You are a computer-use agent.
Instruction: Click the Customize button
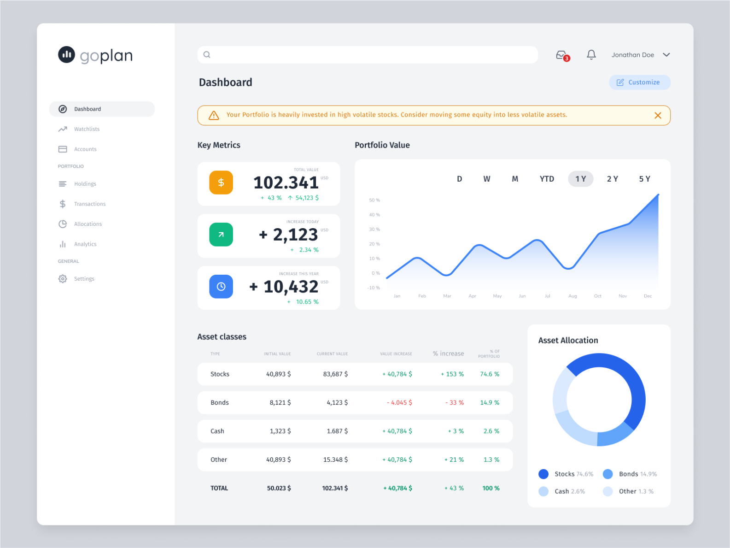click(639, 82)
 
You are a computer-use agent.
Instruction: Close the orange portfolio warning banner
click(658, 116)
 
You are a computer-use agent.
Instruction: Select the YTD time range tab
click(547, 179)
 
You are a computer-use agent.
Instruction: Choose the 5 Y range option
click(644, 179)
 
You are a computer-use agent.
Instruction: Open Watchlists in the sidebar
click(87, 129)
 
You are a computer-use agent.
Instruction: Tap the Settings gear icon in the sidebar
click(63, 279)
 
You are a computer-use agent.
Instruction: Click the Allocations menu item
click(88, 224)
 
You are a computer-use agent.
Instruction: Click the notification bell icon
click(591, 55)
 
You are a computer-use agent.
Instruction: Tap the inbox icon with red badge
click(561, 55)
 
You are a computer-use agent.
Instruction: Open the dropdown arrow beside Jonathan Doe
click(666, 55)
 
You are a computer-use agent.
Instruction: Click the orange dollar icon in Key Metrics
click(221, 183)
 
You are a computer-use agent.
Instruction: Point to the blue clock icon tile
click(221, 287)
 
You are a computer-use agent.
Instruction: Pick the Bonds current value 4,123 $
click(337, 403)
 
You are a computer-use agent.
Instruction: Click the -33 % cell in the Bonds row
click(455, 403)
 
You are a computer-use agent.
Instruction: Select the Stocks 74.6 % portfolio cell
click(490, 374)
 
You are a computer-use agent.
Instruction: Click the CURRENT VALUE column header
click(332, 354)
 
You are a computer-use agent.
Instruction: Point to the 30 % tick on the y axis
click(374, 230)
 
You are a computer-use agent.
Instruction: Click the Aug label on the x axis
click(572, 296)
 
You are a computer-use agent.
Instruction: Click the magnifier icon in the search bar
click(207, 55)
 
